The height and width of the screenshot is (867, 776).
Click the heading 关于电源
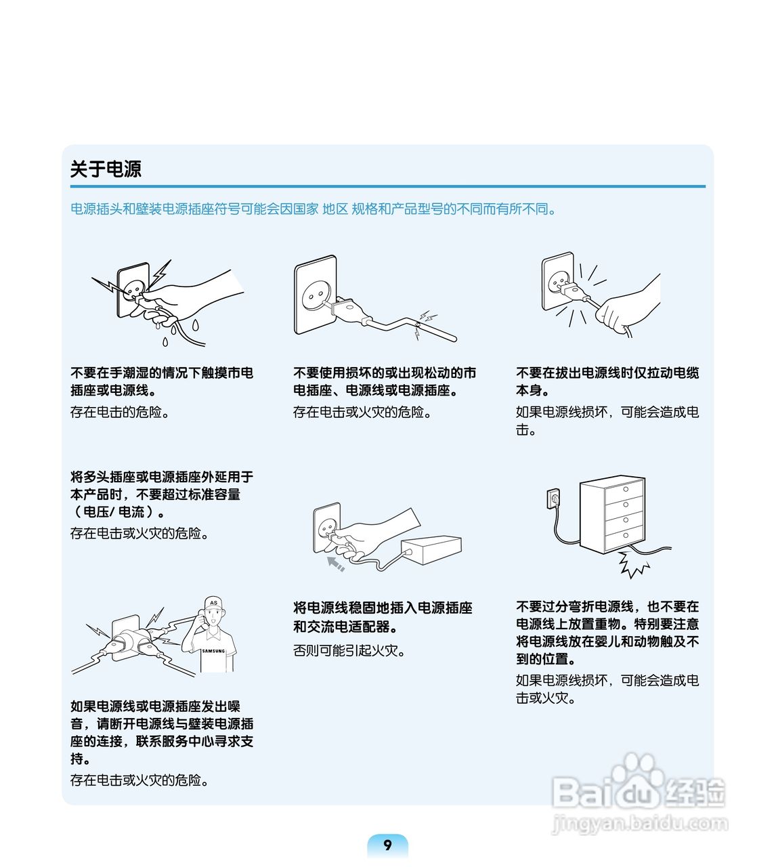[x=106, y=169]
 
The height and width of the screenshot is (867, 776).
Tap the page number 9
[x=387, y=845]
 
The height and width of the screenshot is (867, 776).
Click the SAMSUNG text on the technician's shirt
[x=213, y=651]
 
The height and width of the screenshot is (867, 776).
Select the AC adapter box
[x=431, y=550]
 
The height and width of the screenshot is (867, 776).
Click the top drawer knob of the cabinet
[x=626, y=489]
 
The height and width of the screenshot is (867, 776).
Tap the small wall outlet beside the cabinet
[x=553, y=499]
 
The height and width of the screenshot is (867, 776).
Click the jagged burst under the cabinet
[x=632, y=564]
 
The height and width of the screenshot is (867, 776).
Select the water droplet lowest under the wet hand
[x=165, y=341]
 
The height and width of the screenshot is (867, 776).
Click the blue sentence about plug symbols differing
[x=313, y=209]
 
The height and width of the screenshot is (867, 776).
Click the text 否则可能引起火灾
[x=349, y=650]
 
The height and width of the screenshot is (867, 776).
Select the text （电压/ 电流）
[x=118, y=511]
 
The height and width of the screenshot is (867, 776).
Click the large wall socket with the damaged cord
[x=316, y=295]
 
